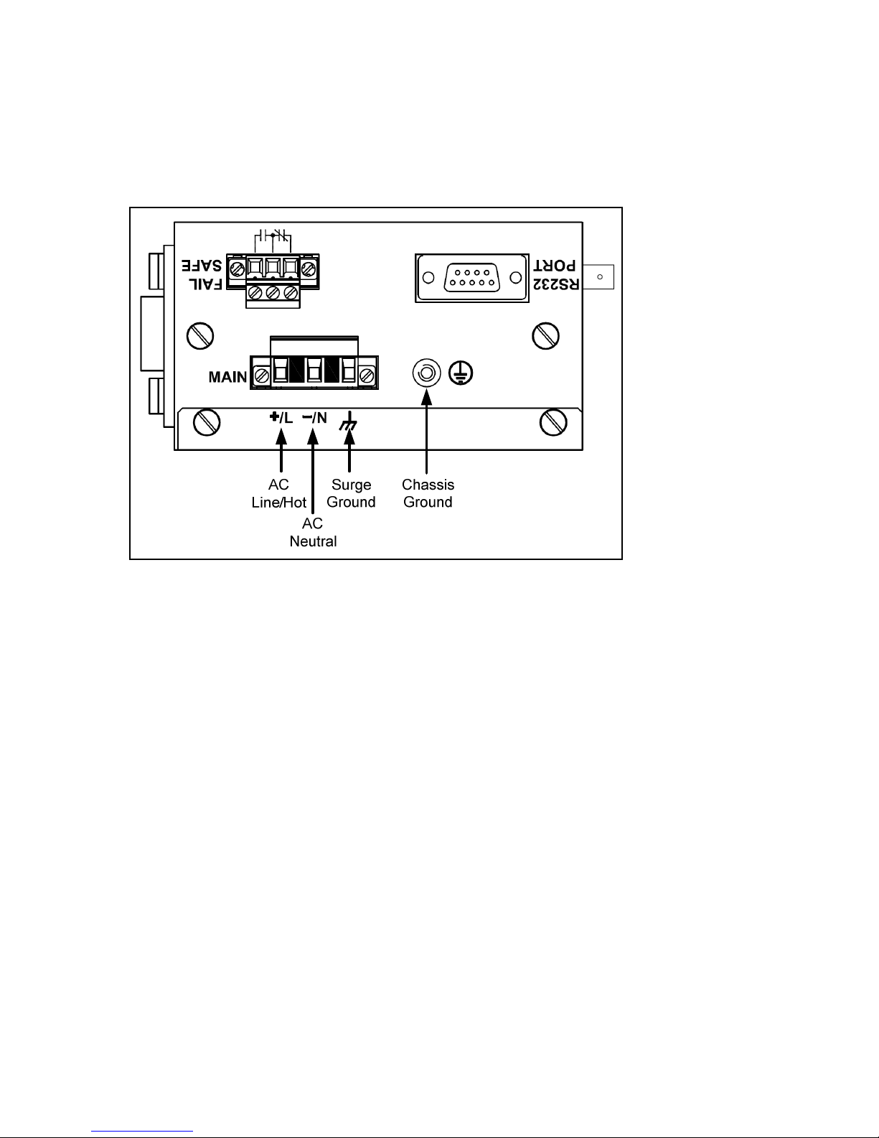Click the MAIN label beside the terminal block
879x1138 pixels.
(227, 376)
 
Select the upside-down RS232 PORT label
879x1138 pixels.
(555, 275)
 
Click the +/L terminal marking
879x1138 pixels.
(281, 418)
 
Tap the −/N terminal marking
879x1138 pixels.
(314, 418)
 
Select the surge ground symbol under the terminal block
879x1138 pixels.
(349, 422)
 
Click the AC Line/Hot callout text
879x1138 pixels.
(278, 494)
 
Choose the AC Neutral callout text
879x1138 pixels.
(313, 532)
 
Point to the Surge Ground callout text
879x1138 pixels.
(351, 494)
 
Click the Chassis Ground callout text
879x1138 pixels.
(428, 494)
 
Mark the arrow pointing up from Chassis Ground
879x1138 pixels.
(427, 431)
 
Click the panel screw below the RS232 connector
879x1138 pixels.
(545, 336)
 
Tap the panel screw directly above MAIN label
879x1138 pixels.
(199, 336)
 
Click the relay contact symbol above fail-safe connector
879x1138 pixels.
(272, 235)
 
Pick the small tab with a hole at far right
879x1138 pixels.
(600, 276)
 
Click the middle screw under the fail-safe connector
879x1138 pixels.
(272, 293)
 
